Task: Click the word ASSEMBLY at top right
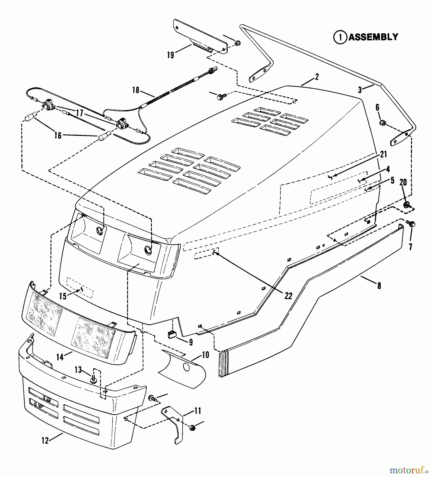pos(373,37)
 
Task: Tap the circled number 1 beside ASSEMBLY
pos(340,38)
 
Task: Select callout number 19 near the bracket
pos(171,55)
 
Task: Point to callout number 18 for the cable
pos(136,90)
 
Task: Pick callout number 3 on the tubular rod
pos(360,90)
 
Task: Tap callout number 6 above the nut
pos(377,107)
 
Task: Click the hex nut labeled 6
pos(382,123)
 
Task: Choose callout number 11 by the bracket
pos(197,411)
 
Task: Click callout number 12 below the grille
pos(45,441)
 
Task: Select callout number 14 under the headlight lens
pos(60,357)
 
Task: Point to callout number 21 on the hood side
pos(383,154)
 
